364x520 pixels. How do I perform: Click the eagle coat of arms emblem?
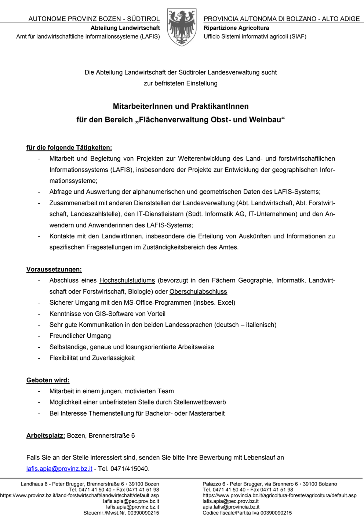(x=182, y=27)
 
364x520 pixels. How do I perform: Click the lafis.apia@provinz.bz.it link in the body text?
(x=59, y=469)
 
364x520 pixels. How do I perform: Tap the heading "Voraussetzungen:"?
(x=54, y=269)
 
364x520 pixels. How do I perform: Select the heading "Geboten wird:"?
(x=48, y=380)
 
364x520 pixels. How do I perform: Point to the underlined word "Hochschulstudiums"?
(x=127, y=281)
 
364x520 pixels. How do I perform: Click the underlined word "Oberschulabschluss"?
(x=198, y=292)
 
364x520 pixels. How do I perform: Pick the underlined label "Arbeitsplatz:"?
(x=45, y=436)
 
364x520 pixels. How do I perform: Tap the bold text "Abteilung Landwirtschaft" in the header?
(x=125, y=28)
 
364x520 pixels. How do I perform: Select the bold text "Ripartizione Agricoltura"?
(x=236, y=28)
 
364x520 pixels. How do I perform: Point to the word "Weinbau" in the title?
(x=266, y=120)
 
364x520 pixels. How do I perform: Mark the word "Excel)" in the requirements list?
(x=226, y=303)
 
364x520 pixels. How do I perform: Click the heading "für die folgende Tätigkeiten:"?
(x=69, y=148)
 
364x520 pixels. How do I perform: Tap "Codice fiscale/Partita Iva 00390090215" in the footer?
(x=247, y=513)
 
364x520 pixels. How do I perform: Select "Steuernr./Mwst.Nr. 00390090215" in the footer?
(x=121, y=513)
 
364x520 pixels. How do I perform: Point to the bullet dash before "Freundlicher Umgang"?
(x=39, y=336)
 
